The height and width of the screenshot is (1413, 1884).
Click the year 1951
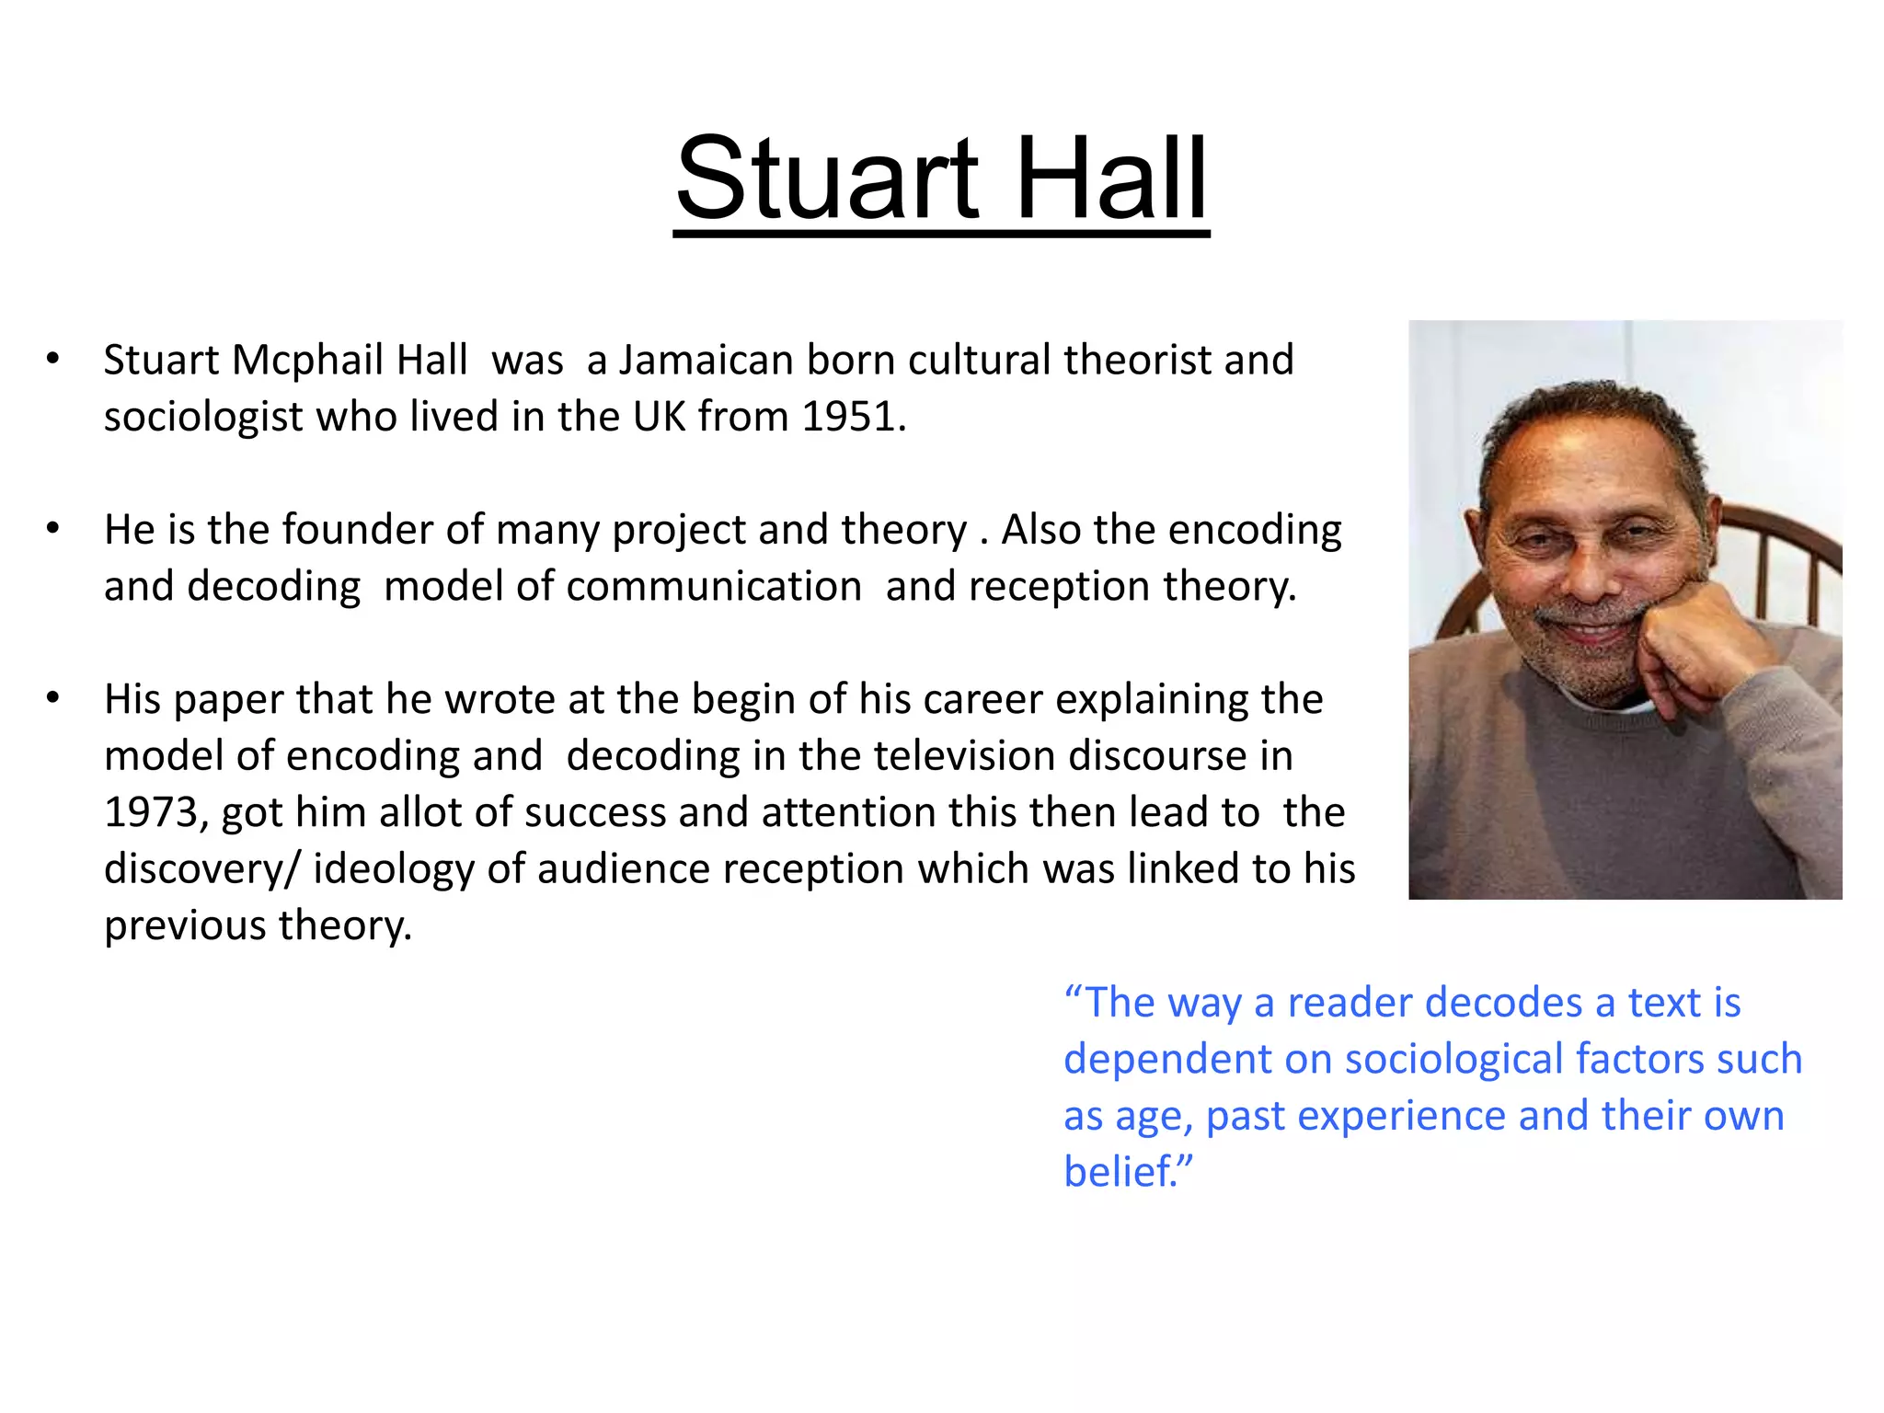pyautogui.click(x=849, y=417)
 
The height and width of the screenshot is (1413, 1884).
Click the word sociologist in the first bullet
pyautogui.click(x=203, y=417)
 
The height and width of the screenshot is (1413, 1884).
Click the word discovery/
pyautogui.click(x=201, y=869)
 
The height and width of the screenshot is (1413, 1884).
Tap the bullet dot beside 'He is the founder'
pyautogui.click(x=53, y=529)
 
